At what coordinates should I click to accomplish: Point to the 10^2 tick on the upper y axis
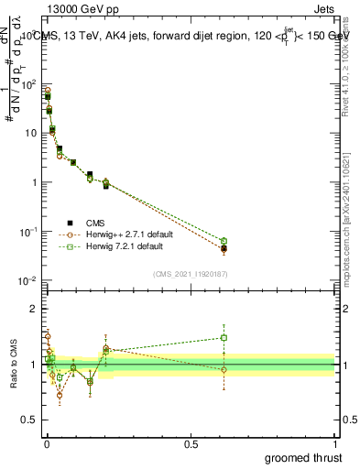point(28,83)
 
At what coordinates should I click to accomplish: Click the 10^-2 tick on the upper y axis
point(28,280)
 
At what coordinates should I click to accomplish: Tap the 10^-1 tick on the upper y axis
point(28,232)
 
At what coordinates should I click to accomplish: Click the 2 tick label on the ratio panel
point(35,309)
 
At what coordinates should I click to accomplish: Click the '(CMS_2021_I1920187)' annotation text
point(190,273)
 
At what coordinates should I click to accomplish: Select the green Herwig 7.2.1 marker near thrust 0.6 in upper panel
point(224,241)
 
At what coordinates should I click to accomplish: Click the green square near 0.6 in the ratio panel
point(224,337)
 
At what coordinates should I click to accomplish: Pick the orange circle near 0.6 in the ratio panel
point(224,370)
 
